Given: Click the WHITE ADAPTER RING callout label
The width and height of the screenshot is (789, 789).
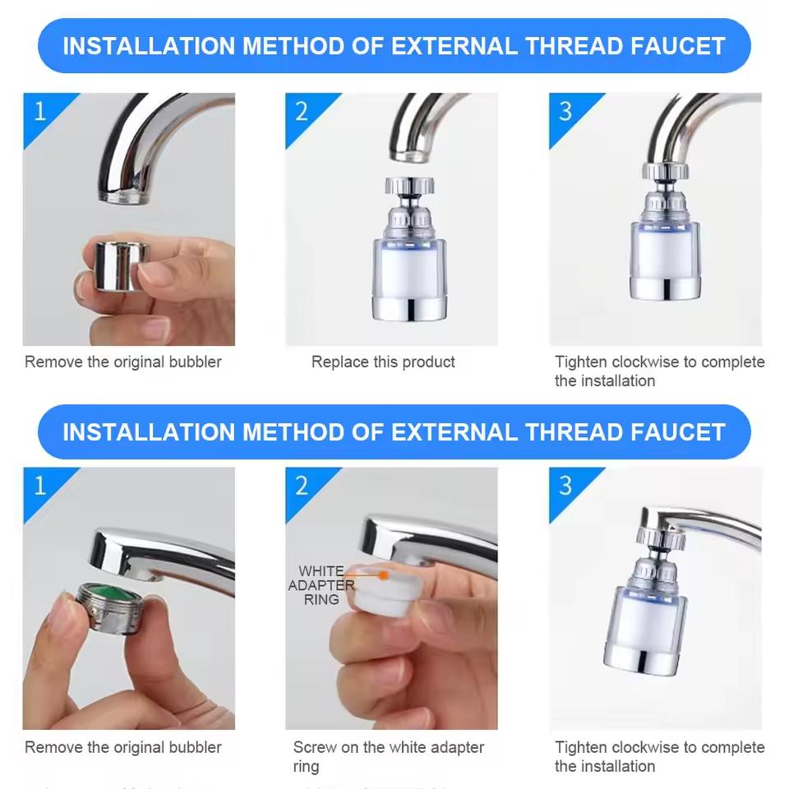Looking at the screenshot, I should click(321, 585).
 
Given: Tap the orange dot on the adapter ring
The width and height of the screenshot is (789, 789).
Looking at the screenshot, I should click(383, 576).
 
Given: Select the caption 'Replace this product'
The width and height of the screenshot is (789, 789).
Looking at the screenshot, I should click(383, 362).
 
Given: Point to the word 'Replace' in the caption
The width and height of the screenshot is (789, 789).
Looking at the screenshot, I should click(337, 362).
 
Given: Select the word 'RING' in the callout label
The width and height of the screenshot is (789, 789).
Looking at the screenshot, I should click(321, 600).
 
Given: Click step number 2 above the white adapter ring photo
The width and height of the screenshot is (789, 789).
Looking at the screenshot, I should click(302, 485).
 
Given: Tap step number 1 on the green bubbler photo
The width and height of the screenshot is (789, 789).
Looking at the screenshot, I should click(39, 485).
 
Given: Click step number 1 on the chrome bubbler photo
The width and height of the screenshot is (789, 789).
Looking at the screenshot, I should click(39, 110).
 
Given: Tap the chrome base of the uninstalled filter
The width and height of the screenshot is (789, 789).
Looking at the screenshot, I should click(408, 305).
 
